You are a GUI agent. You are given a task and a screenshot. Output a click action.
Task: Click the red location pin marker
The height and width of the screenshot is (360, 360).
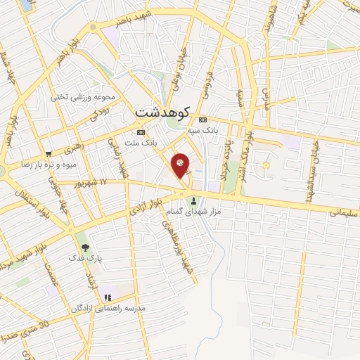[x=181, y=164]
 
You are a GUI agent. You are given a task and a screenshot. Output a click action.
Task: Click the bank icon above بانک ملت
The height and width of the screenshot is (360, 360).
[x=141, y=131]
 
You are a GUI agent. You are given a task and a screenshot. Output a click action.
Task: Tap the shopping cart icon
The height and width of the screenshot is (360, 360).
[x=48, y=153]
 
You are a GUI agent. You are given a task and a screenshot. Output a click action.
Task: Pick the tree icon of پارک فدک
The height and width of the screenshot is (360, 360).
[x=85, y=247]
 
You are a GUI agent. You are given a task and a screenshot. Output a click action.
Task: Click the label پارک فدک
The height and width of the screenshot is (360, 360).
[x=85, y=258]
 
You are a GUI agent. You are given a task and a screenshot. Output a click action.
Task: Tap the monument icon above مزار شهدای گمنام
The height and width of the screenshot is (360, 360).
[x=195, y=201]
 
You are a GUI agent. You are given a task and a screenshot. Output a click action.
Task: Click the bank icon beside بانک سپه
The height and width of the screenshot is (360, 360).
[x=202, y=120]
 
